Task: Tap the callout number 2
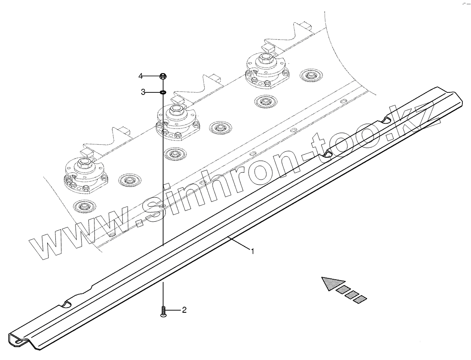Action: [x=184, y=309]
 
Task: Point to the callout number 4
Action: [x=140, y=76]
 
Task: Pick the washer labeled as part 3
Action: [x=163, y=92]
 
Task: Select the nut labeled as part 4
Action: [x=163, y=76]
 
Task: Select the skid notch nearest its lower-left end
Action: [x=66, y=304]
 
